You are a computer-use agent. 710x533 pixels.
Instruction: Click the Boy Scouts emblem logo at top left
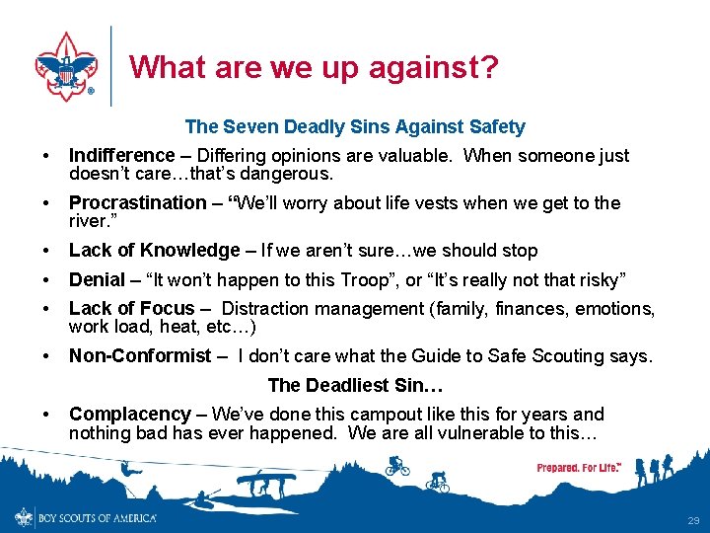pos(65,64)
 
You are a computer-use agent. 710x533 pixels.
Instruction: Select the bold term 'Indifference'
pos(121,156)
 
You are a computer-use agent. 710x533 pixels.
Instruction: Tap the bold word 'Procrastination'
pos(138,203)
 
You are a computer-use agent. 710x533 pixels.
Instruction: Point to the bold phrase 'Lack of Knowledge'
pos(155,251)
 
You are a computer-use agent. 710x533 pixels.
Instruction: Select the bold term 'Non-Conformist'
pos(140,355)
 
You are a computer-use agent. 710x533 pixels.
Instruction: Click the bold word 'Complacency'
pos(130,415)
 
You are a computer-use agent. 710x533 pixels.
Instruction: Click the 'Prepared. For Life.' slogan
pos(579,467)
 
